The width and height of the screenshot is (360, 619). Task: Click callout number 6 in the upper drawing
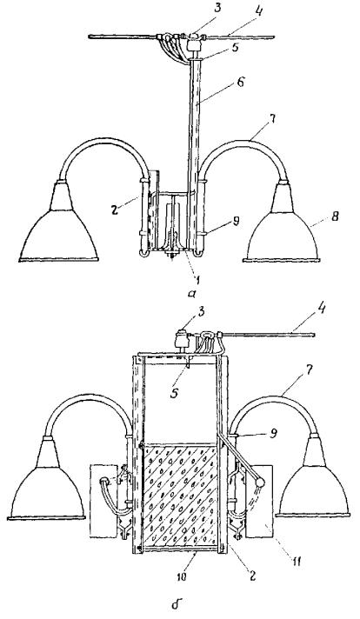pos(242,83)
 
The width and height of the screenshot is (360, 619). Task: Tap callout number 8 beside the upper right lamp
pos(336,216)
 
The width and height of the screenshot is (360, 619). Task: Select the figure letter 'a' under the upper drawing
pos(191,294)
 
